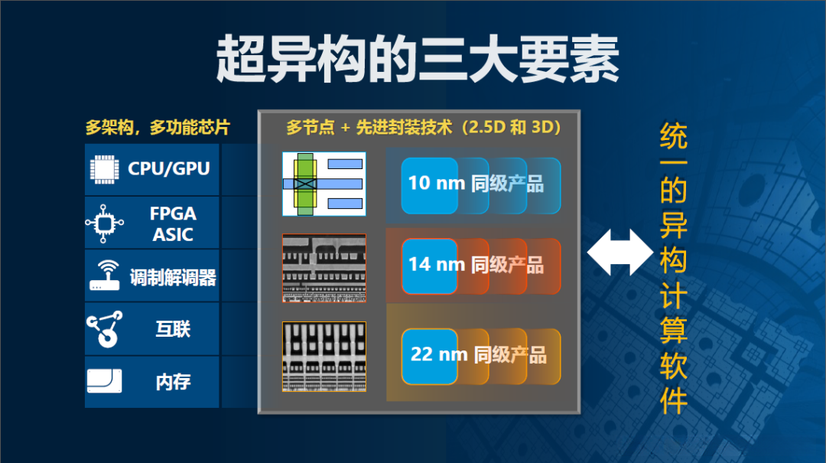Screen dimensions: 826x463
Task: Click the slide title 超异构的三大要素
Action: pos(418,58)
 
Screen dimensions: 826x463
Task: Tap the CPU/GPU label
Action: pos(168,169)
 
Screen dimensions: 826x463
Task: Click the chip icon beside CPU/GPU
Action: pos(104,169)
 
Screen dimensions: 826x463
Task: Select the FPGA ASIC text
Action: pos(173,223)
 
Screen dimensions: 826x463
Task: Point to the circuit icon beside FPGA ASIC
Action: pos(104,223)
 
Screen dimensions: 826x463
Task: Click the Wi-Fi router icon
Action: pos(104,276)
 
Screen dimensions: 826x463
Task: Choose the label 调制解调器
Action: pos(173,277)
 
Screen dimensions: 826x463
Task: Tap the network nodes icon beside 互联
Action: pos(104,329)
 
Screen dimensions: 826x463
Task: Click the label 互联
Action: pos(173,329)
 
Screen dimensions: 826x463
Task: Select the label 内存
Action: pos(173,383)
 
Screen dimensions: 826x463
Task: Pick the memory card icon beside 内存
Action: pos(104,381)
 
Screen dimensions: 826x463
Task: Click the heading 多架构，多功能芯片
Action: pos(158,127)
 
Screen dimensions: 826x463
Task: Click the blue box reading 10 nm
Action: pos(429,186)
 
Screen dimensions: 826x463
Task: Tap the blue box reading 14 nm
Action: pos(429,266)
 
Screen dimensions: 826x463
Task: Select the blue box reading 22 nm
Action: pos(429,357)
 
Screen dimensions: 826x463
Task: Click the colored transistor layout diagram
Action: pos(324,184)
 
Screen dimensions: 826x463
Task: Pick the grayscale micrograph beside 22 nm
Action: pos(324,357)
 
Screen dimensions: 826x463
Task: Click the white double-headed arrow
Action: pos(620,252)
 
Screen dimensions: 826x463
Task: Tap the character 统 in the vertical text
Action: pos(673,136)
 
